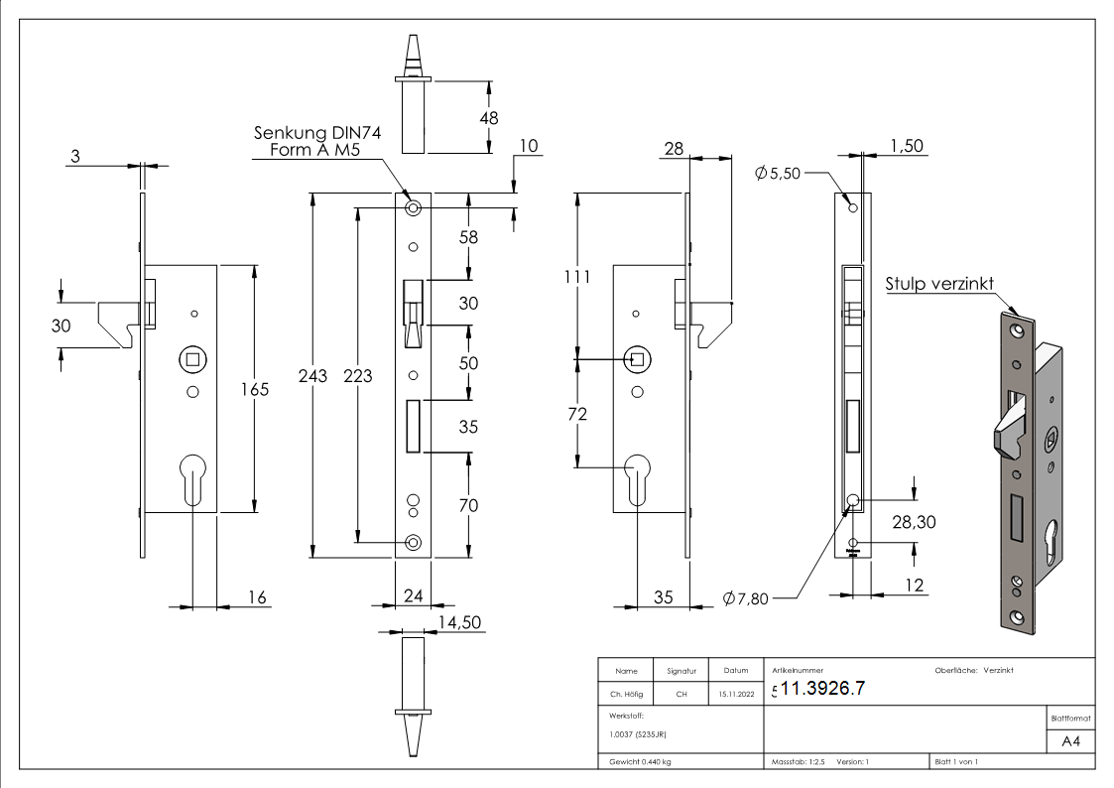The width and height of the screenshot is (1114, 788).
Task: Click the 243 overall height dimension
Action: pyautogui.click(x=312, y=376)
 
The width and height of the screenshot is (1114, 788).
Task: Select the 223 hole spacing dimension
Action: pyautogui.click(x=357, y=376)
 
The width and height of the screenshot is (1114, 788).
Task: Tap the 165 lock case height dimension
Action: pyautogui.click(x=254, y=389)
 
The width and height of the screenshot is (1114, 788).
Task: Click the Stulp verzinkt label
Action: pyautogui.click(x=939, y=284)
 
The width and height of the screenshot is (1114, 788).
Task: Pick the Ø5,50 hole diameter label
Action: pyautogui.click(x=778, y=173)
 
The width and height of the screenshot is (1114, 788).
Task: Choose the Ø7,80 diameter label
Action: pyautogui.click(x=745, y=598)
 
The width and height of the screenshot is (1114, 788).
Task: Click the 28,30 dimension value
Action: pyautogui.click(x=914, y=522)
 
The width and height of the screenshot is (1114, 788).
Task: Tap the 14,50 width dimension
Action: pyautogui.click(x=459, y=622)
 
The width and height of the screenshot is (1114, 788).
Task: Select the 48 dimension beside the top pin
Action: pyautogui.click(x=489, y=118)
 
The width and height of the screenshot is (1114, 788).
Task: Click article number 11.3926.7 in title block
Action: pyautogui.click(x=822, y=688)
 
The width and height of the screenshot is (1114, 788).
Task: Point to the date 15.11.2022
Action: pyautogui.click(x=736, y=694)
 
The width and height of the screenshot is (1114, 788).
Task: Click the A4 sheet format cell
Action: pyautogui.click(x=1070, y=741)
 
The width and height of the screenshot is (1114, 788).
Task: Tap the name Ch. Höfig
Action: pyautogui.click(x=626, y=694)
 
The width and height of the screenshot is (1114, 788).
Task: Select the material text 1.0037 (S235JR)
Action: pyautogui.click(x=637, y=734)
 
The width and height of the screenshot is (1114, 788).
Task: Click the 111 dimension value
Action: pyautogui.click(x=577, y=277)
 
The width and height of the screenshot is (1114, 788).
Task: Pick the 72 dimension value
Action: pyautogui.click(x=577, y=414)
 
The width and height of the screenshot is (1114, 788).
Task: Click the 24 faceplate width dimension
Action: pyautogui.click(x=413, y=596)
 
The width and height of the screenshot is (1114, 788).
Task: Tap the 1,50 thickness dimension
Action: pyautogui.click(x=907, y=146)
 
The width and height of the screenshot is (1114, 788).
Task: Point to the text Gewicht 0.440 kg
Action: pyautogui.click(x=640, y=762)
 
